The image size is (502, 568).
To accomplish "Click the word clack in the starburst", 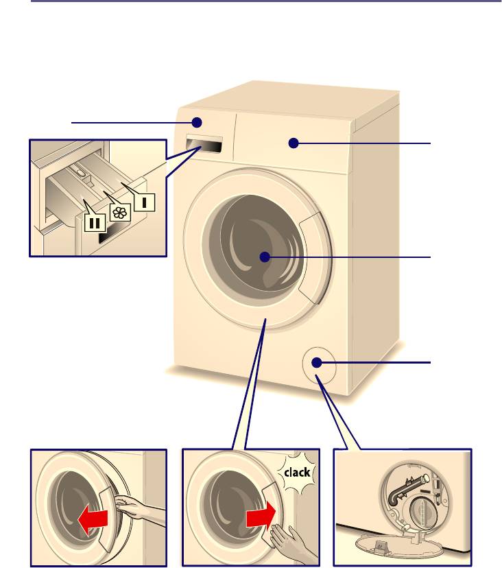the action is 297,472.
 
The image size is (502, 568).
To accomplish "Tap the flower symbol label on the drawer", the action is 120,212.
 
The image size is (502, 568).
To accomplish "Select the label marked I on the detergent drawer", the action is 145,202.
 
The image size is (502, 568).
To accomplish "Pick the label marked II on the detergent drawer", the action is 95,222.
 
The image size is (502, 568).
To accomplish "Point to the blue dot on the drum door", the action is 265,257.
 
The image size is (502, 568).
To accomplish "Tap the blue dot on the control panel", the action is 294,143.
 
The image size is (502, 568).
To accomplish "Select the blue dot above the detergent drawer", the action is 197,122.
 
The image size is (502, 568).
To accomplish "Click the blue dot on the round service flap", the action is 316,362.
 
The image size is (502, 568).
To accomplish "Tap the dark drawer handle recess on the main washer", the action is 204,145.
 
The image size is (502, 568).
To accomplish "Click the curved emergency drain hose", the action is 406,488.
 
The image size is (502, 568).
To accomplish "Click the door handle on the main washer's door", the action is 314,257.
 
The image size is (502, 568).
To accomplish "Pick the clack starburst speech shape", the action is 297,472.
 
